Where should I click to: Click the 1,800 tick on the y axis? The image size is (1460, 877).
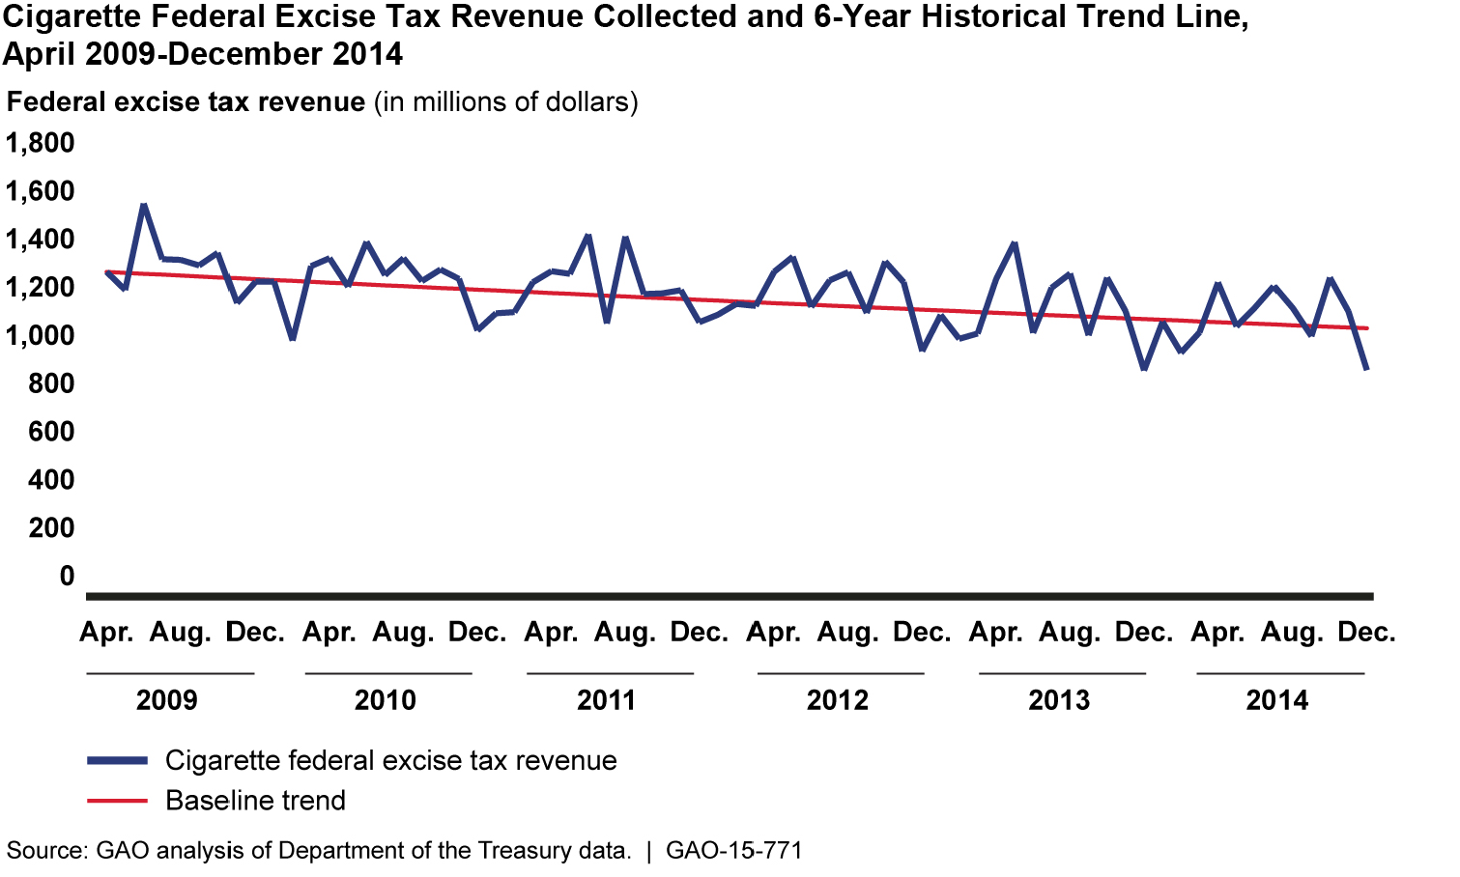40,143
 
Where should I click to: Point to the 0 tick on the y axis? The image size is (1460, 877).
66,576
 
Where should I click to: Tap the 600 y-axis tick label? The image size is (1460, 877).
40,431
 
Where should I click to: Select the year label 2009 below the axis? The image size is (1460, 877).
166,699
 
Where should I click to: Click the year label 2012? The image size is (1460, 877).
837,699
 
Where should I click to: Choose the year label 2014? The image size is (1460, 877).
1276,699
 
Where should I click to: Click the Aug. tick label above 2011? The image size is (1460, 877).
624,633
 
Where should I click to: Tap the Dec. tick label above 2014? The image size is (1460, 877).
1366,633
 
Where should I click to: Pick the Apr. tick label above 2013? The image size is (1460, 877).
995,633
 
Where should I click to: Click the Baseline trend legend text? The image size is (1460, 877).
255,801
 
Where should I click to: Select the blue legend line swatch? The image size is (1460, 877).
117,761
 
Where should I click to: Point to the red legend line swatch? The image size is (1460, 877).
117,801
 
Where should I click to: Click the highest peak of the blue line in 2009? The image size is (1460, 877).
143,205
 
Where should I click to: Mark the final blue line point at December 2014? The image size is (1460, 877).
1366,368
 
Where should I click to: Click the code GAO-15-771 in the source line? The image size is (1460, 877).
734,851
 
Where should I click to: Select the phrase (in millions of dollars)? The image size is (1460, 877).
506,101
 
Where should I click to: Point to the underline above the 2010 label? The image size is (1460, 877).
388,673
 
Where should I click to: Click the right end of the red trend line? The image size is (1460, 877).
1366,328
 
